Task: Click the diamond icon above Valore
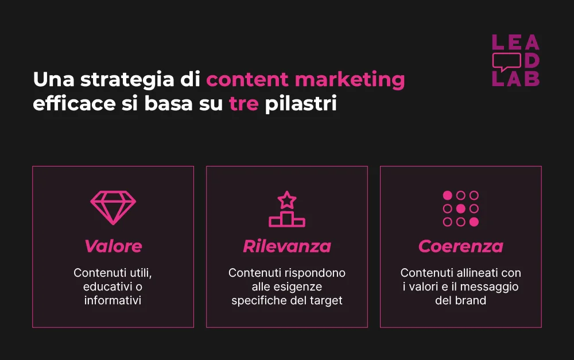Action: (x=113, y=208)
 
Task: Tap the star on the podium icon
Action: (x=287, y=200)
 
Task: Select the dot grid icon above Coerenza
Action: (x=460, y=208)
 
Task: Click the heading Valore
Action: (x=113, y=246)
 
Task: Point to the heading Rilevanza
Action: (x=287, y=246)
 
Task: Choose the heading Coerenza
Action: (x=460, y=246)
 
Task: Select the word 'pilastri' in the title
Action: (x=300, y=105)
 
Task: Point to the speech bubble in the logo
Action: (x=506, y=61)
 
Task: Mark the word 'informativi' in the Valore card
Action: (x=113, y=300)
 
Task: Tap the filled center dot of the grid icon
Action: (x=460, y=208)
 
